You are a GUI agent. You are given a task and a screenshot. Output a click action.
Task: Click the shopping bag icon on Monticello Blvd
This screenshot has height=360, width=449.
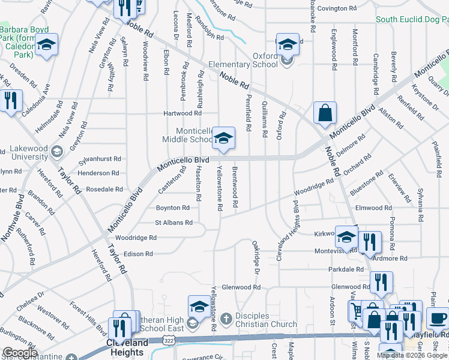pos(325,113)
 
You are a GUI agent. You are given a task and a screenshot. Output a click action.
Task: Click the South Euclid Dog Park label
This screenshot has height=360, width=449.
pos(412,19)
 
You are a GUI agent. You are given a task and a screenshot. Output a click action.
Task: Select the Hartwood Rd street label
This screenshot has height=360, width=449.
pos(182,113)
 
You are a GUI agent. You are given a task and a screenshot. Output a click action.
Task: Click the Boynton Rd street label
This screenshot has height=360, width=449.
pos(173,208)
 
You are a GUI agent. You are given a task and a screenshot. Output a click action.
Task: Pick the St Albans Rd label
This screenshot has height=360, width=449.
pos(173,223)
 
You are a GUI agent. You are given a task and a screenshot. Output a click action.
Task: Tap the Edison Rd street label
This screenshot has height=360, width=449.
pos(139,254)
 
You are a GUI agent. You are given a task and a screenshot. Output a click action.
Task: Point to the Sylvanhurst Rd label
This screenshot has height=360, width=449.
pos(100,160)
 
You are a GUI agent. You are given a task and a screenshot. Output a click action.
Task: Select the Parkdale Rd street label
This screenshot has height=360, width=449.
pos(346,269)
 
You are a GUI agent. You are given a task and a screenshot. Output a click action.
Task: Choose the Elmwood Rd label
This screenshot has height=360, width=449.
pos(373,208)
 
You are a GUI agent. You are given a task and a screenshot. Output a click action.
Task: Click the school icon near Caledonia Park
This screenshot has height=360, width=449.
pos(46,46)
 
